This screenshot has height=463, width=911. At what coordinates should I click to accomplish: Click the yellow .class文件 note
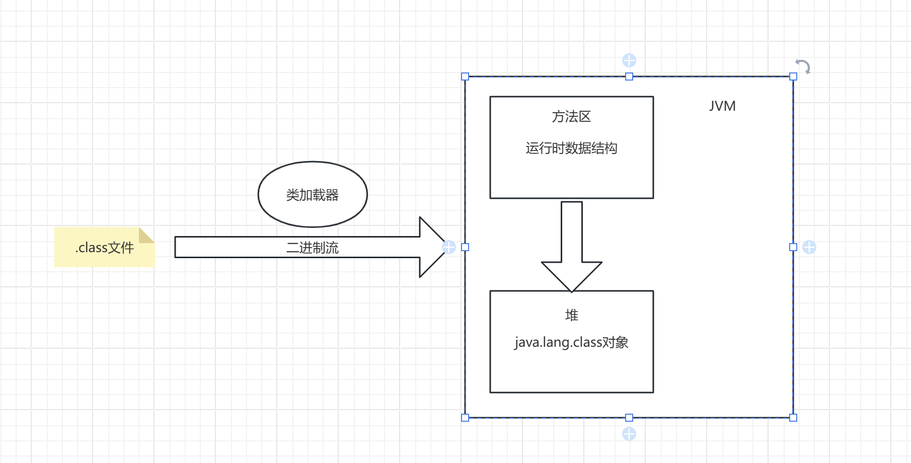[104, 248]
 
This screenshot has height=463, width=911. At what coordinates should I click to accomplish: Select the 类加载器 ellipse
[313, 194]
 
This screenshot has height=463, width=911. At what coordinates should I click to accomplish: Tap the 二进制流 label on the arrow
[313, 248]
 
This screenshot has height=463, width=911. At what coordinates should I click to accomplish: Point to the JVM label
[722, 106]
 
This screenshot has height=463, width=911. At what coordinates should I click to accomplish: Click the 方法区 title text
[571, 117]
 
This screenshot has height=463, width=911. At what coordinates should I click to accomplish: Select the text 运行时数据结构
[571, 148]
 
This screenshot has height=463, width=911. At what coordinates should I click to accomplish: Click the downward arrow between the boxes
[572, 247]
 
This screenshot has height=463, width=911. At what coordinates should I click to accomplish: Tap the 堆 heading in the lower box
[572, 316]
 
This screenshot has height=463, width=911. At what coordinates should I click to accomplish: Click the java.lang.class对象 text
[571, 343]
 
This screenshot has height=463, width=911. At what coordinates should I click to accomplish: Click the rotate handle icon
[803, 66]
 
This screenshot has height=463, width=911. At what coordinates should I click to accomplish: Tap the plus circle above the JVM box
[629, 60]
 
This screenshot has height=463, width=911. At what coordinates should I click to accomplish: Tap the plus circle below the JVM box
[629, 434]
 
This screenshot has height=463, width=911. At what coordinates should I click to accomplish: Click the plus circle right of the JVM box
[809, 247]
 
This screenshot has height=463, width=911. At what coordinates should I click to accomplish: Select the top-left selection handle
[465, 76]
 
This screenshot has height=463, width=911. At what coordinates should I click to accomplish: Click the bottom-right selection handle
[793, 418]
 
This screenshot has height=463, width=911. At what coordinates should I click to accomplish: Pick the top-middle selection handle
[629, 76]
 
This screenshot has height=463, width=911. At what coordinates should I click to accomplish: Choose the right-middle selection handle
[793, 247]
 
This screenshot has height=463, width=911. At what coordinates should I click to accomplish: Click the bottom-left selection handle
[465, 418]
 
